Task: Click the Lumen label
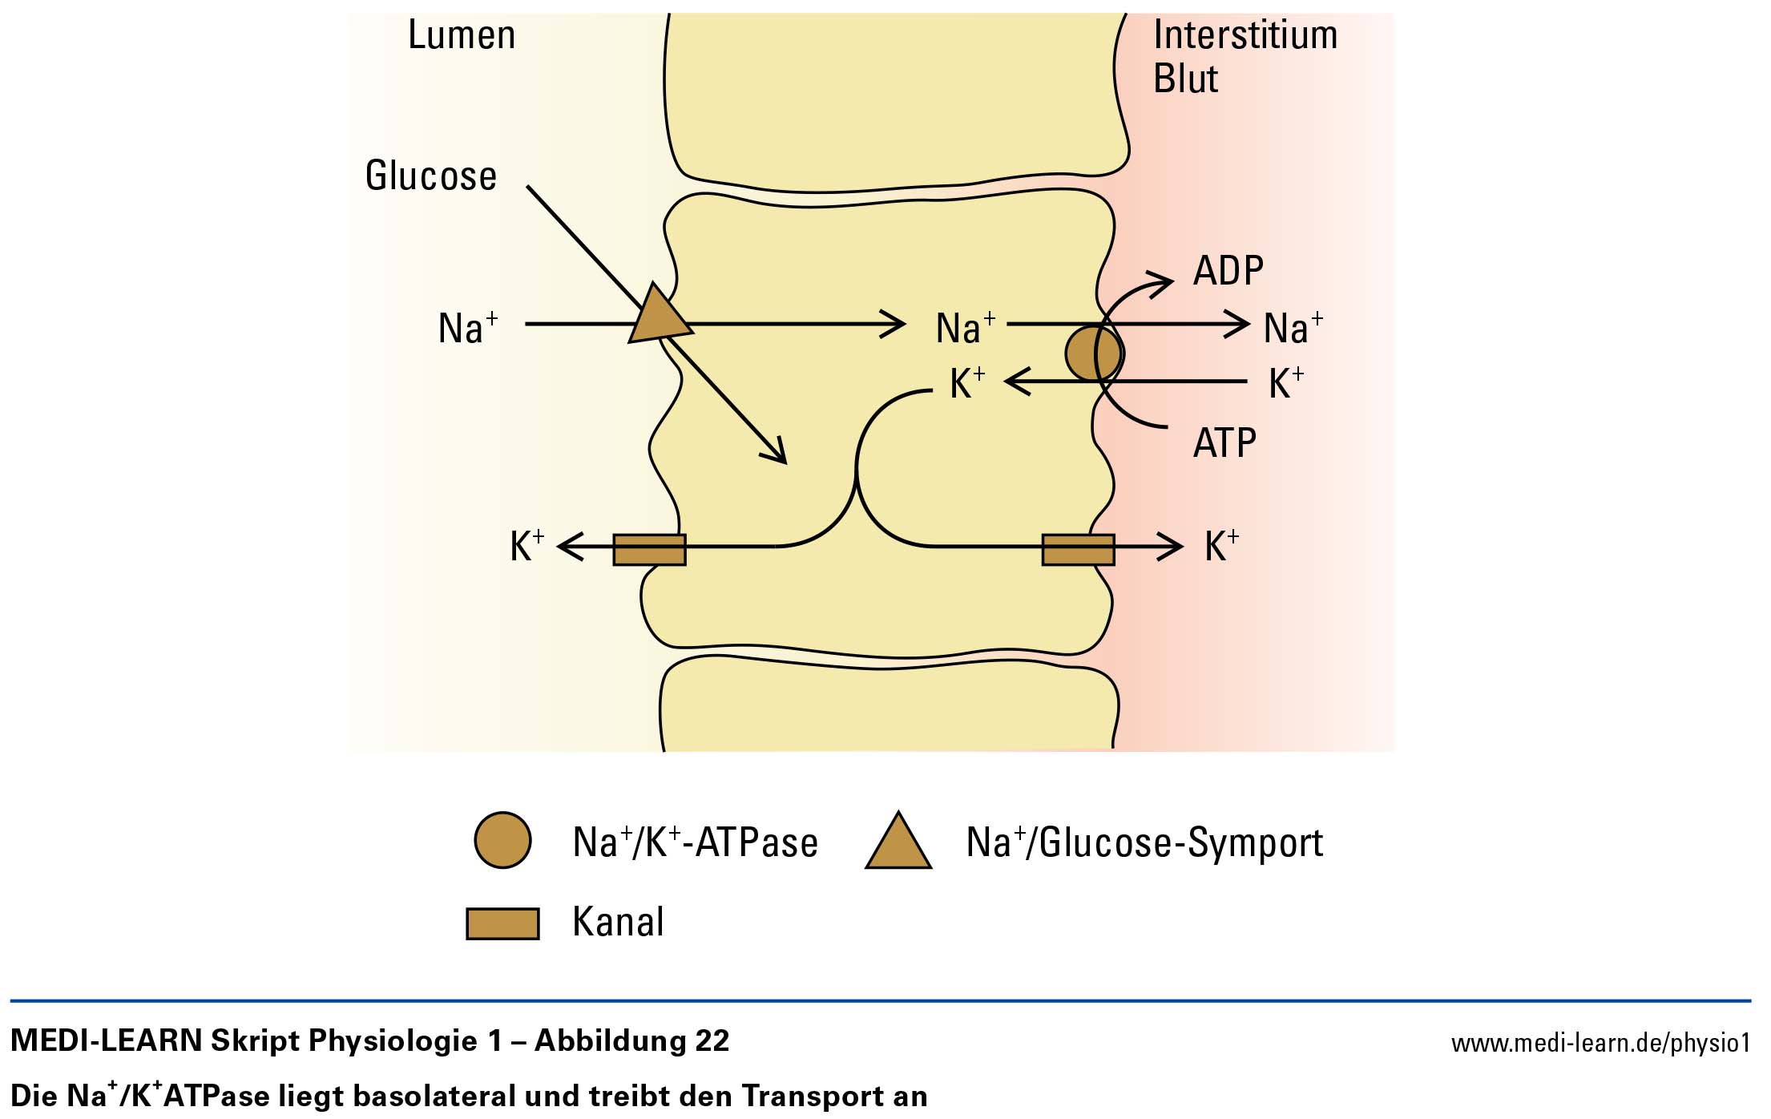click(462, 35)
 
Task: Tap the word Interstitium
click(1245, 35)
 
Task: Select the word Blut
click(1185, 79)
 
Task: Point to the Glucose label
click(431, 176)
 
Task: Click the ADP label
click(1228, 271)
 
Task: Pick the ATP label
click(1224, 442)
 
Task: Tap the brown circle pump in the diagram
click(1093, 353)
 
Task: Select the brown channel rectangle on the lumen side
click(649, 550)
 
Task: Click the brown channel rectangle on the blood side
click(1078, 550)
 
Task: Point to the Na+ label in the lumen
click(468, 327)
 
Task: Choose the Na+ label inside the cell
click(966, 327)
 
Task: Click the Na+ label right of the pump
click(1293, 327)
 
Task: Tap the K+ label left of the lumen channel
click(527, 546)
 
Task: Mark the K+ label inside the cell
click(967, 382)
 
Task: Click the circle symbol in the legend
click(502, 840)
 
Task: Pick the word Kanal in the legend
click(618, 922)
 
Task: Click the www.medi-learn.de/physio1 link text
click(1601, 1043)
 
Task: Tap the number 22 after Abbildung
click(712, 1040)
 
